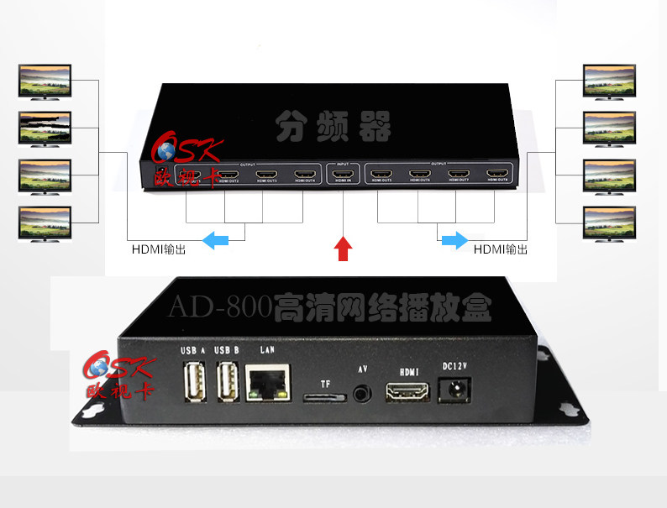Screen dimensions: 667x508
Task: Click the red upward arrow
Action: tap(343, 248)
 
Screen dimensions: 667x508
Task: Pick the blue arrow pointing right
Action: tap(454, 241)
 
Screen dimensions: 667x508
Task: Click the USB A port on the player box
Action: tap(192, 382)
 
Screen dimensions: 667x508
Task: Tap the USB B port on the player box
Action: tap(227, 382)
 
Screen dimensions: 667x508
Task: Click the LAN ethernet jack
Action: tap(268, 382)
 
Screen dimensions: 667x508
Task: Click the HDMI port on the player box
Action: tap(407, 392)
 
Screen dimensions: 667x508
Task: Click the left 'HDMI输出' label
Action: tap(159, 249)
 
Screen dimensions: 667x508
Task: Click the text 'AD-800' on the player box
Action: tap(221, 306)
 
